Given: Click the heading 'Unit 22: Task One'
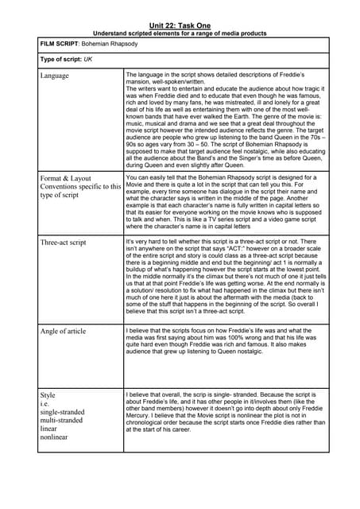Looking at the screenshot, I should pyautogui.click(x=180, y=25).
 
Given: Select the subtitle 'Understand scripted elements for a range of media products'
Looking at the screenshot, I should pyautogui.click(x=180, y=33).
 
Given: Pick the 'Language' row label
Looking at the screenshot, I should pyautogui.click(x=54, y=76).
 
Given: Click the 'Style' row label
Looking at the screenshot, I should pyautogui.click(x=48, y=394).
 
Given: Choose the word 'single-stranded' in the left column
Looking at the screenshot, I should pyautogui.click(x=61, y=412).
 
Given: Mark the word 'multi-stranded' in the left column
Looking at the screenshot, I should pyautogui.click(x=60, y=421).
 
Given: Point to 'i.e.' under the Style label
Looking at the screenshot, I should pyautogui.click(x=45, y=403).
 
